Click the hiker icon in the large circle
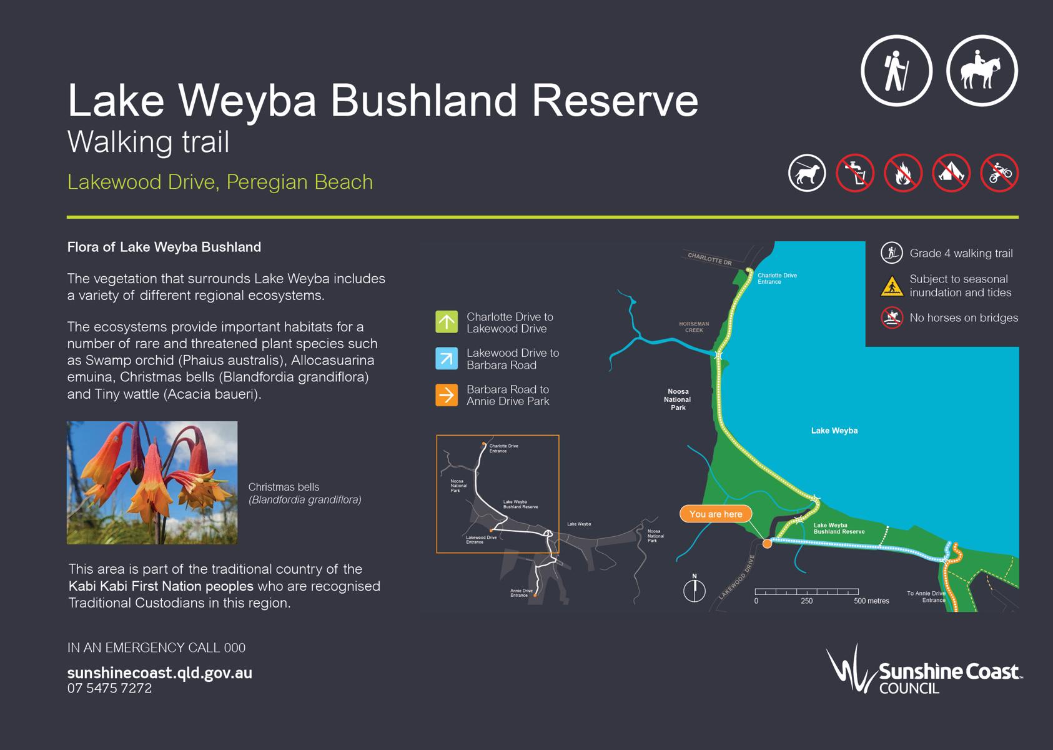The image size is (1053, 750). click(x=896, y=71)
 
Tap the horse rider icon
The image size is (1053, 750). click(x=982, y=71)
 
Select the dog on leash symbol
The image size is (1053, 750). click(x=807, y=172)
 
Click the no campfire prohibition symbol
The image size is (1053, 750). click(x=903, y=172)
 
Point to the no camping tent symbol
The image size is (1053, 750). click(x=951, y=172)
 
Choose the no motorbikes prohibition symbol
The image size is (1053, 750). click(x=999, y=172)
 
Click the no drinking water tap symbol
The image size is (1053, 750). click(x=855, y=172)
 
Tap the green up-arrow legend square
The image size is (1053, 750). click(x=447, y=322)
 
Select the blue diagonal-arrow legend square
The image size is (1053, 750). click(x=447, y=359)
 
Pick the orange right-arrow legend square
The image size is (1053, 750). click(x=447, y=395)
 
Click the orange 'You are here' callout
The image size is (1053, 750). click(x=716, y=514)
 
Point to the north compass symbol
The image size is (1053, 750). click(x=695, y=588)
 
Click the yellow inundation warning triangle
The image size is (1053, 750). click(x=892, y=286)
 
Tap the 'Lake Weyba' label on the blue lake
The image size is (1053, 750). click(x=834, y=431)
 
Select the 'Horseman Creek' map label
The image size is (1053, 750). click(x=694, y=327)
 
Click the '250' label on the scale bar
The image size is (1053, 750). click(x=807, y=601)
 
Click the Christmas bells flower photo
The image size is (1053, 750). click(x=152, y=482)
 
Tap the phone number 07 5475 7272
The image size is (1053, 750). click(x=109, y=688)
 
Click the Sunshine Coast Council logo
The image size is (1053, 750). click(x=924, y=670)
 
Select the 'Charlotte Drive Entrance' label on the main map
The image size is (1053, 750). click(x=777, y=279)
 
